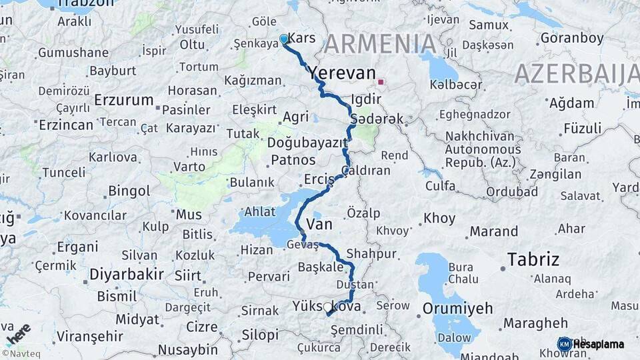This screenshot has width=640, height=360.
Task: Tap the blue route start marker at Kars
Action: [x=283, y=39]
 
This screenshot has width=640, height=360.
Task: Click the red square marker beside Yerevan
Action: [x=381, y=82]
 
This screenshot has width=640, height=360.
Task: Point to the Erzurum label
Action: [x=124, y=100]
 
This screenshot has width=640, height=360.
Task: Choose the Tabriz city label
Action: [x=533, y=259]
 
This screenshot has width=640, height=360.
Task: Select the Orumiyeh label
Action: [x=457, y=308]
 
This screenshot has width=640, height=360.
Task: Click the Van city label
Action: [x=319, y=225]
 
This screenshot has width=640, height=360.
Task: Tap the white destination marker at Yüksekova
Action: [x=327, y=309]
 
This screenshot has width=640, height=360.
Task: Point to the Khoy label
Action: [x=439, y=219]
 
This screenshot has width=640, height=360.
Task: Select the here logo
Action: [x=17, y=334]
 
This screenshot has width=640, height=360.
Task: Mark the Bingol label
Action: [x=129, y=191]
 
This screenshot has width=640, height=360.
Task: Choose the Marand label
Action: [x=493, y=232]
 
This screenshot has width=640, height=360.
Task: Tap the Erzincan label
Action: [x=65, y=125]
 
